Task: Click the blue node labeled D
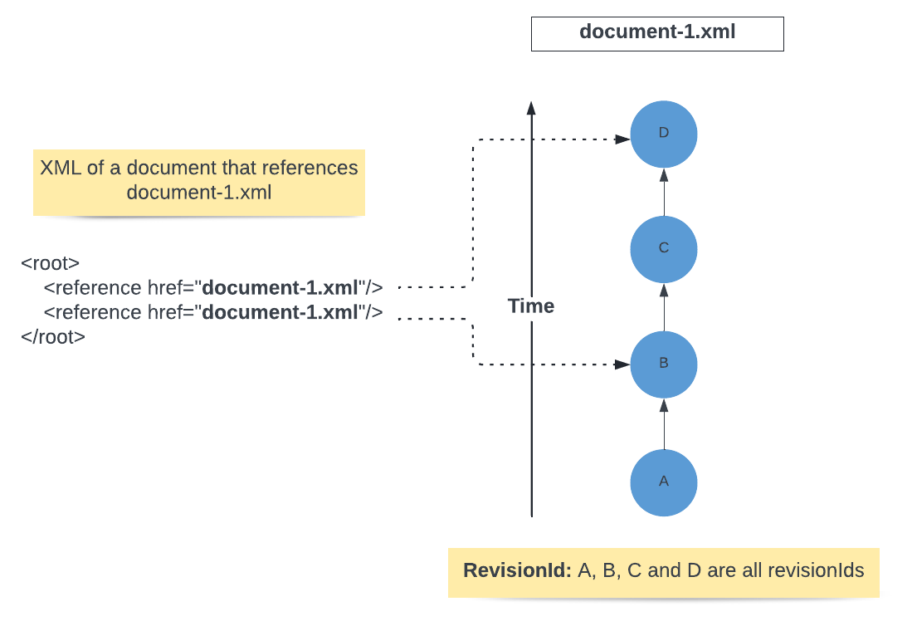[x=663, y=134]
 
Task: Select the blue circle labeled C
[x=663, y=248]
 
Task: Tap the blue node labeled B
[x=663, y=364]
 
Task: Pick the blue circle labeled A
[x=663, y=482]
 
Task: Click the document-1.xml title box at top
[x=657, y=33]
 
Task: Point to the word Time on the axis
[x=531, y=306]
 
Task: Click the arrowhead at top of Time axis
[x=531, y=108]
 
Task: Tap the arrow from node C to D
[x=663, y=192]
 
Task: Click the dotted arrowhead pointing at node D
[x=622, y=139]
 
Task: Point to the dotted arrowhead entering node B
[x=622, y=364]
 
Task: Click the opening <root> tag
[x=51, y=264]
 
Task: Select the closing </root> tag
[x=53, y=337]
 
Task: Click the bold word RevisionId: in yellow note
[x=518, y=571]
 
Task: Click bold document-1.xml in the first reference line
[x=280, y=288]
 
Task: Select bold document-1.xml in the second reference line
[x=280, y=313]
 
